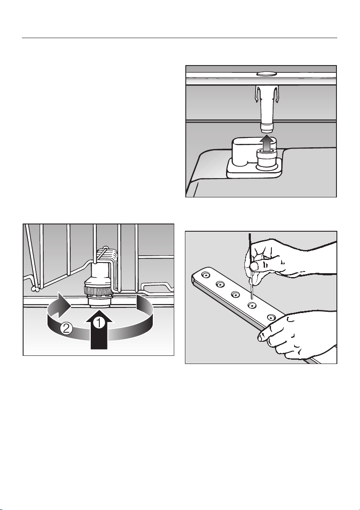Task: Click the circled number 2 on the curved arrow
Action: (x=65, y=329)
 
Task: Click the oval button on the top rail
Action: (x=266, y=74)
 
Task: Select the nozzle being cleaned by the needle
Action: (x=251, y=305)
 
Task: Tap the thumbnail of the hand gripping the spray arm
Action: (x=260, y=338)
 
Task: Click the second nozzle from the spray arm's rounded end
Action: (x=220, y=285)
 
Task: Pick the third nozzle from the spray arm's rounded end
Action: (x=235, y=294)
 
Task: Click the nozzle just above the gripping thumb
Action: (x=271, y=317)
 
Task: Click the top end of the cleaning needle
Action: (x=250, y=234)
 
